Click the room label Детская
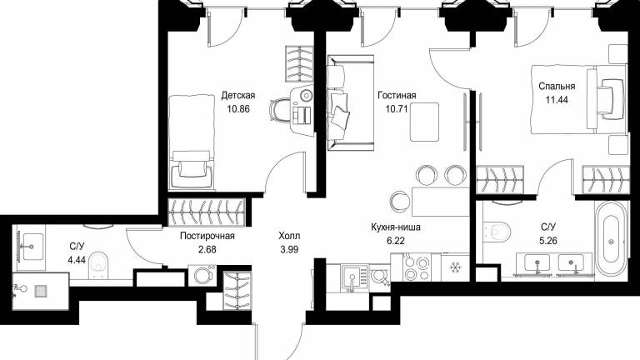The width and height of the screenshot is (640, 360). point(238,96)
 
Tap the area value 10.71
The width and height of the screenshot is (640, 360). point(397,109)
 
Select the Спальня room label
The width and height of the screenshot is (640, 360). point(557,86)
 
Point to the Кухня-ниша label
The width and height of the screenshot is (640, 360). point(396,227)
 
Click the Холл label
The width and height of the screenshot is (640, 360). point(289,236)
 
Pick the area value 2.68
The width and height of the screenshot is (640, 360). point(207,249)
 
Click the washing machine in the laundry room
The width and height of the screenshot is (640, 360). point(202,276)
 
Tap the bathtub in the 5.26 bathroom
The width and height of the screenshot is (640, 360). point(611,242)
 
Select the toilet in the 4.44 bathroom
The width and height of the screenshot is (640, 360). point(98,265)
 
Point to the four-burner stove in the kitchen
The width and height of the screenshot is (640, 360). point(417,267)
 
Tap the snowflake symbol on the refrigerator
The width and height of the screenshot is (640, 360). point(454,267)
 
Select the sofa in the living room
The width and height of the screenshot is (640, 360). point(350,102)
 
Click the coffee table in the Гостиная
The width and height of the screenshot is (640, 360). point(424,122)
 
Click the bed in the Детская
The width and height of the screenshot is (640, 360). point(192,142)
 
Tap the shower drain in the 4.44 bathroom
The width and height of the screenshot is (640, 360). point(41,291)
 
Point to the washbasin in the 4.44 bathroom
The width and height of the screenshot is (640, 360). point(32,247)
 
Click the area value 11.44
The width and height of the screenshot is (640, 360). point(557,100)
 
